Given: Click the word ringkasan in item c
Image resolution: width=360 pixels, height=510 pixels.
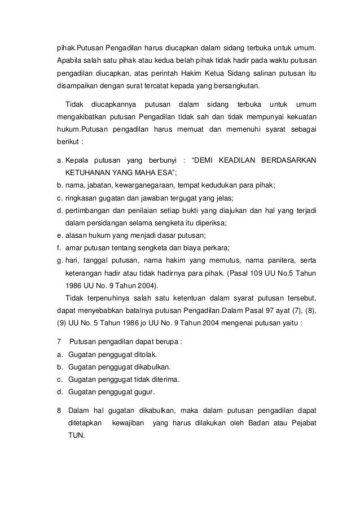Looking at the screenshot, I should (x=83, y=198).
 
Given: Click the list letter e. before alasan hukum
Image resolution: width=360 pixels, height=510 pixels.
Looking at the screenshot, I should (x=59, y=237).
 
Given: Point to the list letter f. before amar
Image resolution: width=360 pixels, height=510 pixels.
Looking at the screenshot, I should (x=59, y=250).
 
